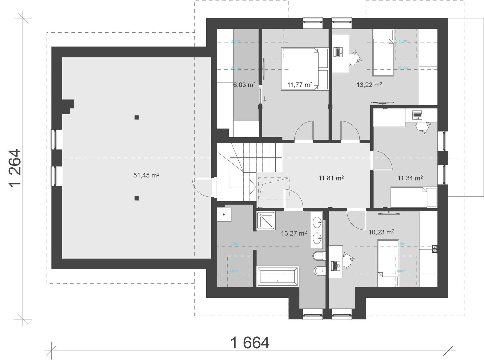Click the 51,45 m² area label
tap(146, 175)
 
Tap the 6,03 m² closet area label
tap(244, 85)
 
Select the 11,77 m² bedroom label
tap(299, 85)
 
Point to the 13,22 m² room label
tap(369, 85)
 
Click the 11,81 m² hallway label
tap(331, 178)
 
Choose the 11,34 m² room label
tap(410, 178)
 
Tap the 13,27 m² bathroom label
tap(294, 233)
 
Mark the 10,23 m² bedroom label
tap(381, 232)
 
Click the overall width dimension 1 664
tap(250, 343)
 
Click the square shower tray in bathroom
tap(266, 220)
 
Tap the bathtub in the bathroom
tap(278, 276)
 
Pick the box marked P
tap(224, 214)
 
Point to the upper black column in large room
tap(137, 117)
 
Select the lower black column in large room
tap(137, 198)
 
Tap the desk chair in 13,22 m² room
tap(354, 57)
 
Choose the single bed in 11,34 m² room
tap(413, 197)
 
